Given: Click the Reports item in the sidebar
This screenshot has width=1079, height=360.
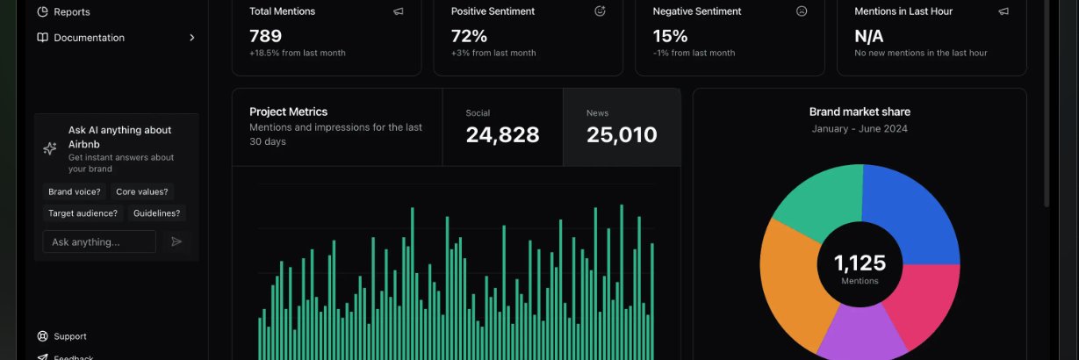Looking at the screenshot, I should [x=71, y=12].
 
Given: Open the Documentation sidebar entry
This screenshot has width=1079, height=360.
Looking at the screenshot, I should [x=89, y=38].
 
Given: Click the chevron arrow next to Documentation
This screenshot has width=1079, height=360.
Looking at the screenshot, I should [x=191, y=38].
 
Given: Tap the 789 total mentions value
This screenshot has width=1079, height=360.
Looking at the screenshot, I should [x=266, y=36].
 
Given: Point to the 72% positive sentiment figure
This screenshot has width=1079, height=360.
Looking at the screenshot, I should [x=470, y=36].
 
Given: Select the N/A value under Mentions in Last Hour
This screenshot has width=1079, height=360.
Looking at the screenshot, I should [x=869, y=36].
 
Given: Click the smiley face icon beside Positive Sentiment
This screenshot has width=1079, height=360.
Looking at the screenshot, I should [x=600, y=11].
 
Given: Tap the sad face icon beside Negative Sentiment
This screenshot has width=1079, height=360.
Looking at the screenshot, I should [x=801, y=11].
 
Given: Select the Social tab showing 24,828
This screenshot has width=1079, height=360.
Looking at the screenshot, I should [x=502, y=127].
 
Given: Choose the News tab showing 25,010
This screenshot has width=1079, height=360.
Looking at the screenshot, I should [x=622, y=127].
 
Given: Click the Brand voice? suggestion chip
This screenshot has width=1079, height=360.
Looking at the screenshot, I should [x=75, y=191].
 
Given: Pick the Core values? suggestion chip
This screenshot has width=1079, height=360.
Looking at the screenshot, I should [x=142, y=191].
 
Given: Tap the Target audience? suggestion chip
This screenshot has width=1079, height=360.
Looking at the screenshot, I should [x=83, y=213].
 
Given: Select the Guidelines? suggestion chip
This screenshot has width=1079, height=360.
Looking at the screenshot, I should [x=156, y=213].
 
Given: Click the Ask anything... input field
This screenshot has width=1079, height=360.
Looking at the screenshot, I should [x=99, y=241].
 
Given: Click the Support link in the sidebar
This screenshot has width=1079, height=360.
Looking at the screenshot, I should [x=70, y=336].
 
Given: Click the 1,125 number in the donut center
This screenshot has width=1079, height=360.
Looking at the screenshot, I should [x=860, y=263].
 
